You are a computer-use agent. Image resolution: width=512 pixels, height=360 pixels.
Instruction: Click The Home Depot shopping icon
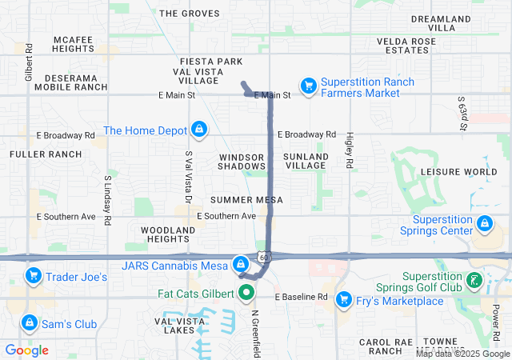199,130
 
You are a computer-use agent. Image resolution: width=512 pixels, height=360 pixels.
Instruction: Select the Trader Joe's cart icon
34,277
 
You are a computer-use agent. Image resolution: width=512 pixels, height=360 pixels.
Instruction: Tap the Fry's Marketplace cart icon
344,299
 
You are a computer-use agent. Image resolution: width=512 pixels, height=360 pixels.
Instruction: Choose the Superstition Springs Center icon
484,223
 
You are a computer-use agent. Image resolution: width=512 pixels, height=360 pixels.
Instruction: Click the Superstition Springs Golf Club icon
475,280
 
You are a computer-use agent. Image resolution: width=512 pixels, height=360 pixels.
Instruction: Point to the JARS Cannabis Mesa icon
240,263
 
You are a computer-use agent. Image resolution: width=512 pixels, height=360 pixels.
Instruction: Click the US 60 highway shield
263,256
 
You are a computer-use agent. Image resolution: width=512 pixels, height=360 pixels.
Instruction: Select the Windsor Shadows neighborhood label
242,162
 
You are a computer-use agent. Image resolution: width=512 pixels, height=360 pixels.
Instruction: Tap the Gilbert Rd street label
29,62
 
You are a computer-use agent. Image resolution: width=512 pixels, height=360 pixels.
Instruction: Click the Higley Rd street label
350,150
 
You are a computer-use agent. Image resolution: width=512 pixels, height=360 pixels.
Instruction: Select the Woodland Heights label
167,234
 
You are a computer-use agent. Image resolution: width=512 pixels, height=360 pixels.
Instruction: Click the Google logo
27,350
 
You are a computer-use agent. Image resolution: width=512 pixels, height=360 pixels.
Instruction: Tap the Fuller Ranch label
46,154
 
